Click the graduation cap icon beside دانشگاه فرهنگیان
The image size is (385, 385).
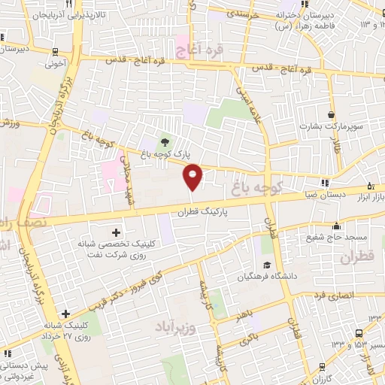[x=267, y=265]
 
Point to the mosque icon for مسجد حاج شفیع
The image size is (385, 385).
[x=337, y=226]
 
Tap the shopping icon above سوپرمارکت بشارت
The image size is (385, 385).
[x=332, y=114]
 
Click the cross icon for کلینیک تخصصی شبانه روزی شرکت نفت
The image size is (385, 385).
[x=114, y=232]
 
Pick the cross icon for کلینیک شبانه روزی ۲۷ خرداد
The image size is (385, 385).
[x=66, y=314]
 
